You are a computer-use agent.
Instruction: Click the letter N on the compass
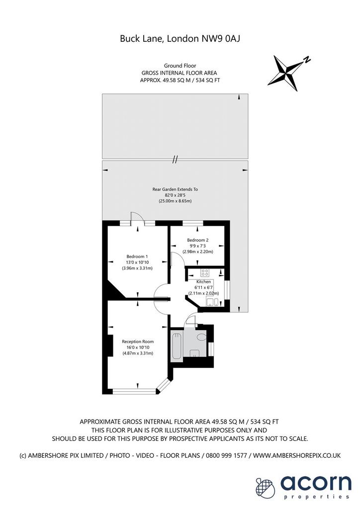(x=307, y=60)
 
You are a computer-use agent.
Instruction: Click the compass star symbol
(x=286, y=73)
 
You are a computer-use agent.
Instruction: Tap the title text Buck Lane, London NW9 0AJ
(x=180, y=39)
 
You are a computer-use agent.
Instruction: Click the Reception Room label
(x=138, y=341)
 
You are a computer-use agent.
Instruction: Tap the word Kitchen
(x=203, y=282)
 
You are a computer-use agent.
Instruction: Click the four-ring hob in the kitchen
(x=205, y=272)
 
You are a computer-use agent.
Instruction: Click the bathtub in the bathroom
(x=177, y=346)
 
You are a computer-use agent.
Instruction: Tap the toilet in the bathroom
(x=201, y=337)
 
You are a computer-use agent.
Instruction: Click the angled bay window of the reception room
(x=164, y=385)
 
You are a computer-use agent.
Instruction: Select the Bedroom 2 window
(x=193, y=223)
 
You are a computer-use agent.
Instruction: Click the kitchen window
(x=228, y=291)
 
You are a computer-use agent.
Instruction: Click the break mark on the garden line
(x=175, y=160)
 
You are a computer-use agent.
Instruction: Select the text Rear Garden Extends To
(x=175, y=189)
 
